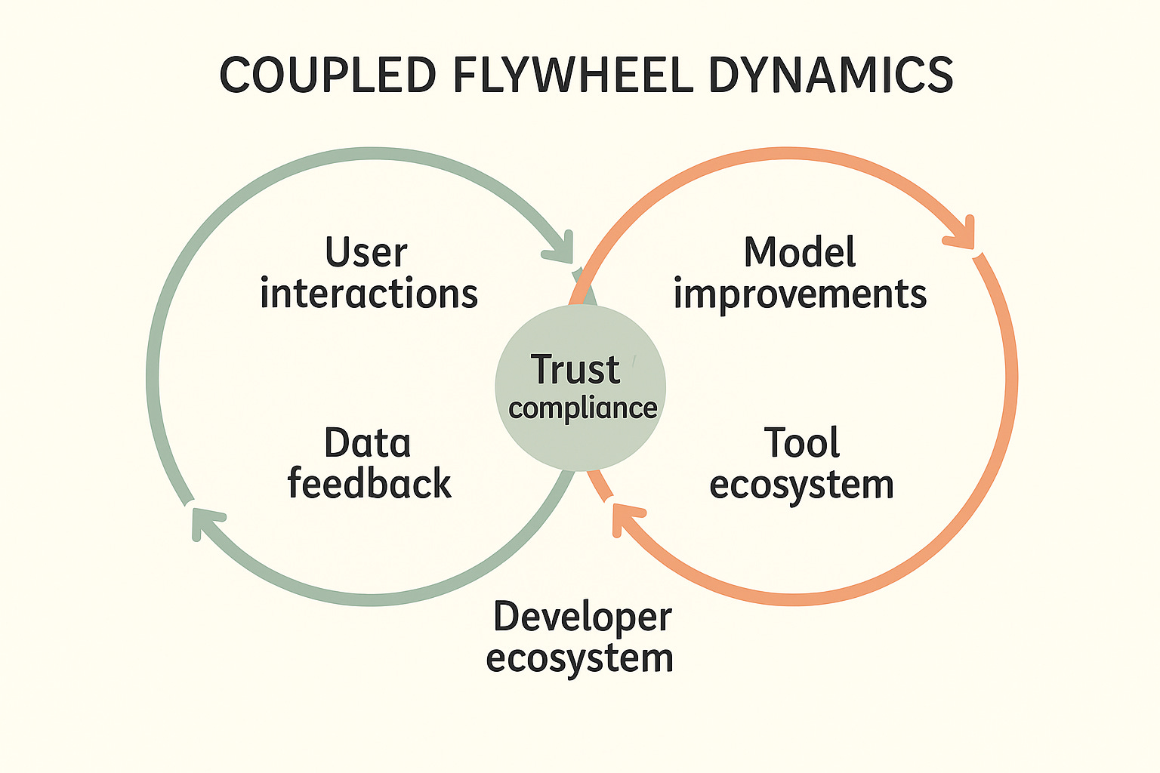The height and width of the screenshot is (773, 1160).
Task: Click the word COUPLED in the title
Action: (328, 75)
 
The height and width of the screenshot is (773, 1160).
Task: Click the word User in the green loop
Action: (366, 252)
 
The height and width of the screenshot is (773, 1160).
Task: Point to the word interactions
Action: (369, 294)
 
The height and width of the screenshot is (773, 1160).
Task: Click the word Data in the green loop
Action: (367, 443)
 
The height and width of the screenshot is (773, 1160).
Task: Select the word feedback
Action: (369, 484)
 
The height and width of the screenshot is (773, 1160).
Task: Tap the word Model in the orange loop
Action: (800, 252)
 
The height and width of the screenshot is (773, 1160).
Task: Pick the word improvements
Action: (800, 295)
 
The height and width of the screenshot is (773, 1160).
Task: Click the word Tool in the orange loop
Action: (801, 443)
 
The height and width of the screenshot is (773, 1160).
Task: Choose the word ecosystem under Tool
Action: (801, 485)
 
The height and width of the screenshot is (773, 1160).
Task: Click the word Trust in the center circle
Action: (575, 370)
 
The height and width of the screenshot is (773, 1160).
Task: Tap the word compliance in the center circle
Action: (582, 408)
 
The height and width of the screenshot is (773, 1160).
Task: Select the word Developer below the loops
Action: (582, 618)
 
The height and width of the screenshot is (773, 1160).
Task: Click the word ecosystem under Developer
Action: (579, 658)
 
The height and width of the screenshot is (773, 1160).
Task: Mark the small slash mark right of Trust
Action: (634, 362)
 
